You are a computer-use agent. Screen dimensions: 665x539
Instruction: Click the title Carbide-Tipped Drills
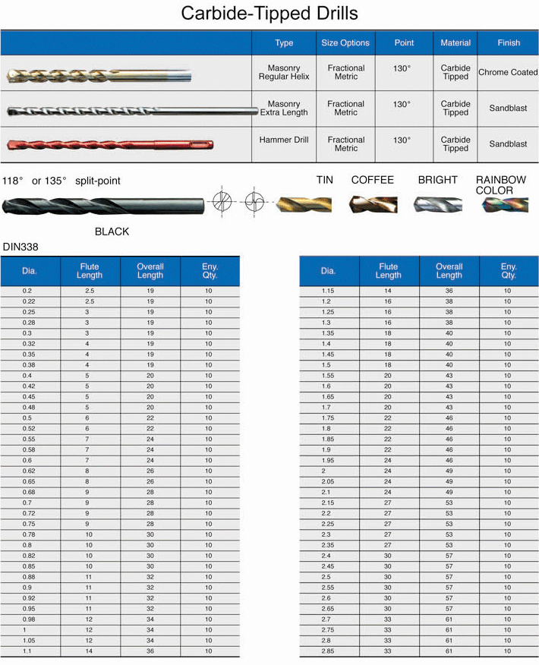[x=269, y=13]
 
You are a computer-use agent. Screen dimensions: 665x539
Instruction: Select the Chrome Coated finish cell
[x=508, y=73]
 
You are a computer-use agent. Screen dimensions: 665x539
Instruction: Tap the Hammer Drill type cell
[x=284, y=140]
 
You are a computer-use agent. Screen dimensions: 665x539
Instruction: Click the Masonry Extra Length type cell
[x=284, y=109]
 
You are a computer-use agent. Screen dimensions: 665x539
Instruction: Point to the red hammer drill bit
[x=109, y=144]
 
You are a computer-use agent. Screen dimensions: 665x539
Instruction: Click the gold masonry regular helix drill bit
[x=99, y=75]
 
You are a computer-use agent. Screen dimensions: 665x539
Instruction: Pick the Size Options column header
[x=345, y=43]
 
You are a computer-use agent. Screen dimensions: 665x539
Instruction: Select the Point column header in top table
[x=404, y=43]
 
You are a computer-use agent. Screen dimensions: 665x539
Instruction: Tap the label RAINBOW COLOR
[x=500, y=185]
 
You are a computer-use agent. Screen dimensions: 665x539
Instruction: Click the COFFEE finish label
[x=372, y=180]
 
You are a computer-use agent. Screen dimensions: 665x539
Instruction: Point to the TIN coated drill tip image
[x=304, y=205]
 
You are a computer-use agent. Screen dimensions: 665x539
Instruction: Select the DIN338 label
[x=20, y=247]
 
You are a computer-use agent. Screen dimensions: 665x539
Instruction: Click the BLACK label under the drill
[x=112, y=232]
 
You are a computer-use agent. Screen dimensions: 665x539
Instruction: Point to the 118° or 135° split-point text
[x=61, y=181]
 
